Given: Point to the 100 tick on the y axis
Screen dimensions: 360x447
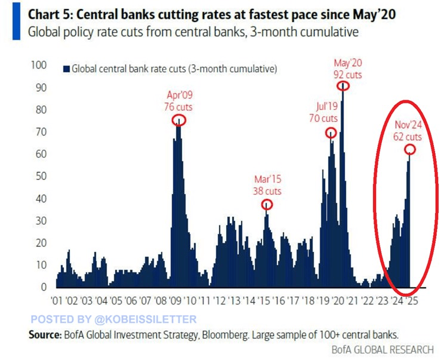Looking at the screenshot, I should pos(39,65).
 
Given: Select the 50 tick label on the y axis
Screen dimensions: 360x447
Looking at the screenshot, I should pos(40,176).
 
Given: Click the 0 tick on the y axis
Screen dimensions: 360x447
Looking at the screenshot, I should pos(43,287).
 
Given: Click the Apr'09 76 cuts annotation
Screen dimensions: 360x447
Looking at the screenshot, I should pos(179,101).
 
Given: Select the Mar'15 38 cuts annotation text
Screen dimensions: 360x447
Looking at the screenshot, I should pos(266,186).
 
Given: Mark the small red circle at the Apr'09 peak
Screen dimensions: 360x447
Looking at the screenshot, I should pos(179,120).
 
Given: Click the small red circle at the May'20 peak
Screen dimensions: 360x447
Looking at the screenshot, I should pos(343,86).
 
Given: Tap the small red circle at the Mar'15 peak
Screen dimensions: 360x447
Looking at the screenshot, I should pos(267,205).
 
